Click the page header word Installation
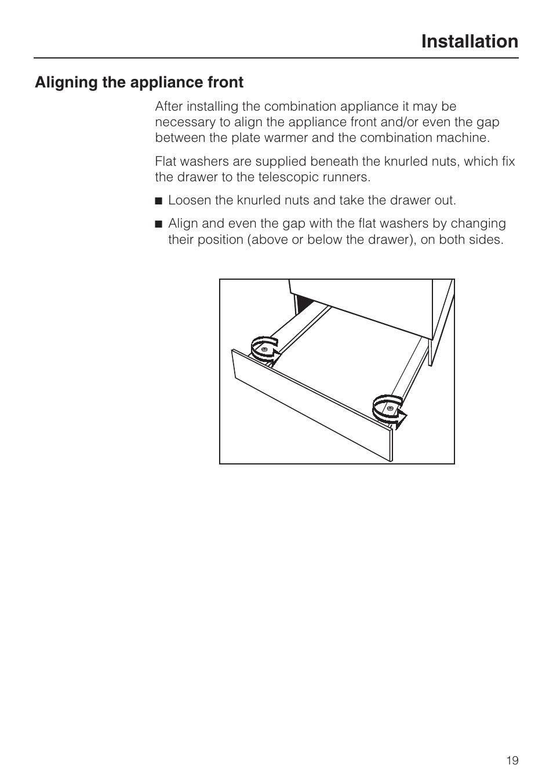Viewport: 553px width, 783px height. [x=470, y=42]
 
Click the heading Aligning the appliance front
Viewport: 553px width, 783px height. [x=139, y=83]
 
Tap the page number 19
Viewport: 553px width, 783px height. [x=512, y=760]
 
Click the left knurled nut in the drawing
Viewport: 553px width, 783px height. [x=264, y=350]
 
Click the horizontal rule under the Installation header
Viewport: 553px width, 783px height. [x=276, y=58]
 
